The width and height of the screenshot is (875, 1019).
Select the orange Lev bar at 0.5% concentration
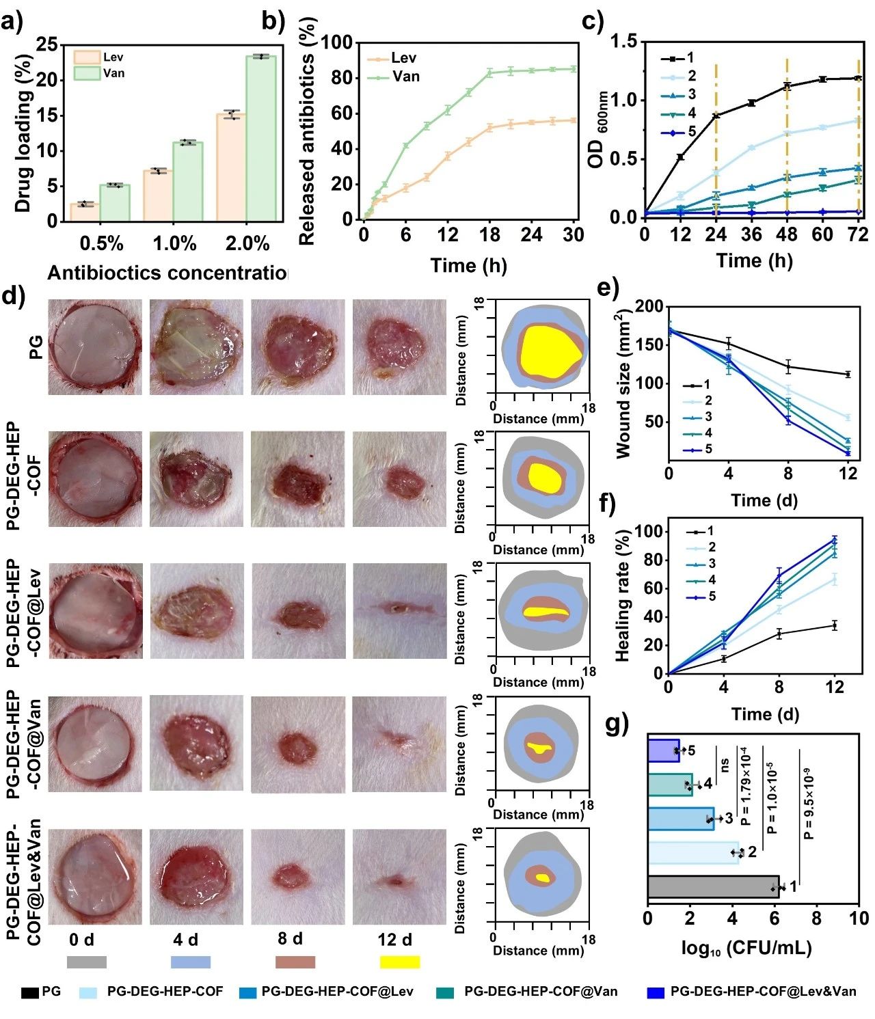[85, 213]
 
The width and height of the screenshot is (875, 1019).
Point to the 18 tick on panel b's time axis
[489, 235]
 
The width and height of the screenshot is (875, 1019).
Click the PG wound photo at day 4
[196, 347]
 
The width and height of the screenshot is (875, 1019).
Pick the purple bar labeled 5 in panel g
[663, 750]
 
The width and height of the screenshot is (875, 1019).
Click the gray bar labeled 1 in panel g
[712, 886]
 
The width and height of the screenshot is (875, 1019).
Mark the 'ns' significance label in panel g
[725, 763]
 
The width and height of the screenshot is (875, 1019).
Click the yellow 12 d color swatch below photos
[399, 962]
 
